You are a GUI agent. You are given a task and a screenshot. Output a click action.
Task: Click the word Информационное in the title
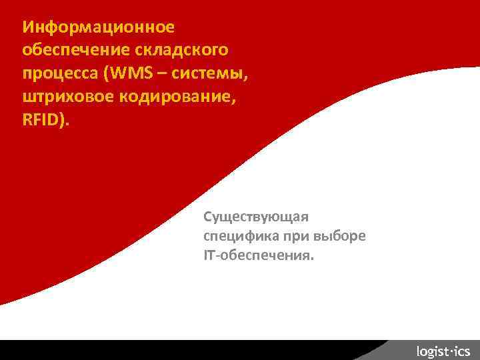point(98,27)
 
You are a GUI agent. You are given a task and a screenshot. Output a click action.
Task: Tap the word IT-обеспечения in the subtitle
point(257,255)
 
